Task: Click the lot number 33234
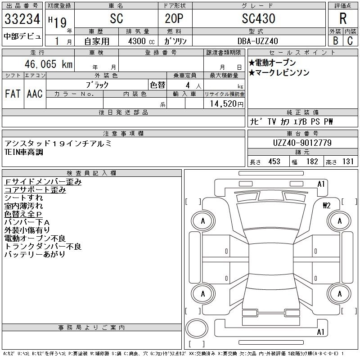point(22,19)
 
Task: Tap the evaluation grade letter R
point(342,18)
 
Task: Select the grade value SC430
point(258,19)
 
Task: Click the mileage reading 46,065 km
point(46,64)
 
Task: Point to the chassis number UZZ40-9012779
point(302,143)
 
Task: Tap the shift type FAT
point(13,94)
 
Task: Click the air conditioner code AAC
point(35,94)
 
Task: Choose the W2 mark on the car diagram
point(327,206)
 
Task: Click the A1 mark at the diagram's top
point(321,184)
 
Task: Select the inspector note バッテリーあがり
point(35,255)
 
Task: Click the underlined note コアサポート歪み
point(35,190)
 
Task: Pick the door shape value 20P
point(172,19)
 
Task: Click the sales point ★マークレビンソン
point(279,72)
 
